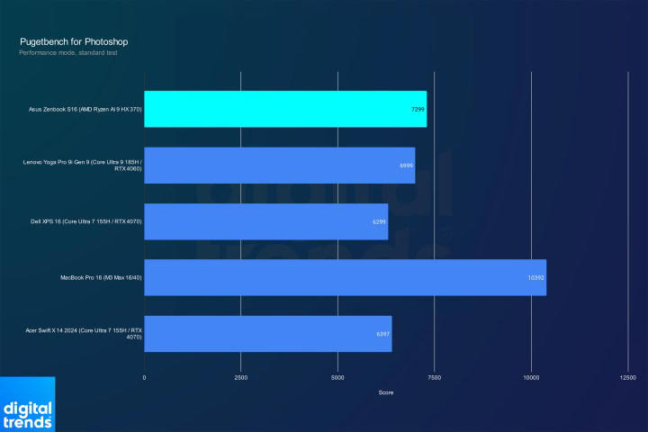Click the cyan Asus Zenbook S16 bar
click(x=285, y=109)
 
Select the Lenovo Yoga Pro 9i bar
click(x=279, y=166)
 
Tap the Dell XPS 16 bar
click(x=265, y=221)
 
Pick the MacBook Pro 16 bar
click(x=345, y=277)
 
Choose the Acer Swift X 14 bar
click(x=267, y=334)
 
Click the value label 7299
click(x=418, y=109)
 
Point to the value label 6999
click(x=407, y=166)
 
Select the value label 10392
click(x=535, y=277)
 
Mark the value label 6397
click(x=383, y=334)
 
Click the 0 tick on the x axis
click(x=144, y=377)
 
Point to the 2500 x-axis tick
click(x=240, y=377)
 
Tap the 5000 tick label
click(x=337, y=377)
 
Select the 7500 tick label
click(x=434, y=377)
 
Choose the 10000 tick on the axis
click(x=531, y=377)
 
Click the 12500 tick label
click(x=627, y=377)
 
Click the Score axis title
click(x=385, y=392)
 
